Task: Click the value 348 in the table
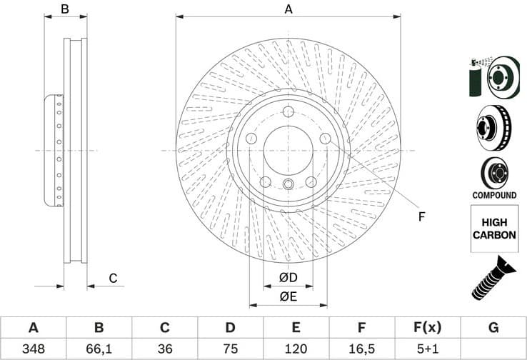tap(33, 350)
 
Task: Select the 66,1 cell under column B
tap(99, 350)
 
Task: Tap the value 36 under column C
tap(164, 350)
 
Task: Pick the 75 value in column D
tap(230, 350)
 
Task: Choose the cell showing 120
tap(296, 350)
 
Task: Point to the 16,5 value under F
tap(362, 350)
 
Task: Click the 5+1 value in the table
tap(428, 350)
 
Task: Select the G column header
tap(493, 328)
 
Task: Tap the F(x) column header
tap(428, 328)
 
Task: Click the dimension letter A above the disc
tap(288, 9)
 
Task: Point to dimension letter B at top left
tap(64, 9)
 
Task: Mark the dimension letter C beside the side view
tap(113, 279)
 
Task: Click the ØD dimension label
tap(288, 276)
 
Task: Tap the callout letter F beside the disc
tap(421, 216)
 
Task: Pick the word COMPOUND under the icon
tap(494, 195)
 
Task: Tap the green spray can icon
tap(476, 79)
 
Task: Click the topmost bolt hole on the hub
tap(288, 112)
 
